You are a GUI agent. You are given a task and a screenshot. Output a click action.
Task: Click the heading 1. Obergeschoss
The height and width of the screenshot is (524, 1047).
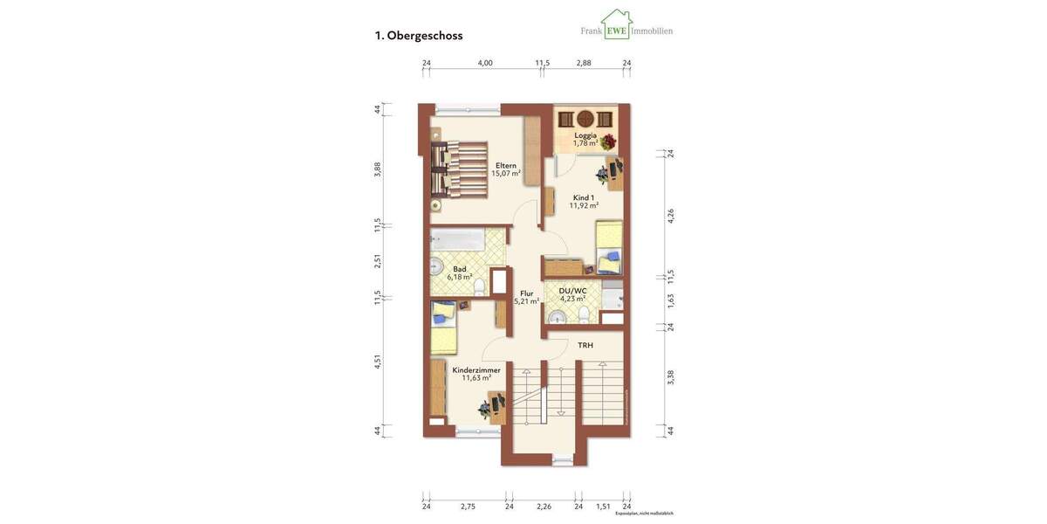(419, 36)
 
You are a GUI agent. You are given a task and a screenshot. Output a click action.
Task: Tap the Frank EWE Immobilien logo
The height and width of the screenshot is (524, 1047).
(626, 26)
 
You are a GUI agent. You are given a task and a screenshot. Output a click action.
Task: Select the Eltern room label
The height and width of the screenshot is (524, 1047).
(506, 165)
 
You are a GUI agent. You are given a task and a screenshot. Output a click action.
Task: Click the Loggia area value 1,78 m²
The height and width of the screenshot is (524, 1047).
(585, 144)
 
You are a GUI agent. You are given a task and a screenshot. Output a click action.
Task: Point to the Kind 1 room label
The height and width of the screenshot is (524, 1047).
(584, 197)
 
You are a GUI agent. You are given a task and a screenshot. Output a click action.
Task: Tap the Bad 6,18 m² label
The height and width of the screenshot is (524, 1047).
(460, 273)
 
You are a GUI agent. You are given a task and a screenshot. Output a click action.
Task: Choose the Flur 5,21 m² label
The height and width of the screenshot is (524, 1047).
(526, 298)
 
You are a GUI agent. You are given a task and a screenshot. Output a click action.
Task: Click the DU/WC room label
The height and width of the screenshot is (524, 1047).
(573, 290)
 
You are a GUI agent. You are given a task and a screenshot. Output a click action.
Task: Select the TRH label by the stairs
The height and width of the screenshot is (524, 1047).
(585, 345)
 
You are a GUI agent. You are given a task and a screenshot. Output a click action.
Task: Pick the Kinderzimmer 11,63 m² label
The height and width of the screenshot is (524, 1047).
(476, 374)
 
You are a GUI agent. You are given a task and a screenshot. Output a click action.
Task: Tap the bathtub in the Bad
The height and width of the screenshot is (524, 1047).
(458, 240)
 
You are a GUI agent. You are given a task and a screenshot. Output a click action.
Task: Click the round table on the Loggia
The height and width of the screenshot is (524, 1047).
(585, 119)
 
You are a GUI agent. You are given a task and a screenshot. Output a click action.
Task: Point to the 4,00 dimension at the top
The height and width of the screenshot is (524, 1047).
(485, 63)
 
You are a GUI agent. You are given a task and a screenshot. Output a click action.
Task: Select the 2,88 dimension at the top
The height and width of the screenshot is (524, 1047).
(584, 63)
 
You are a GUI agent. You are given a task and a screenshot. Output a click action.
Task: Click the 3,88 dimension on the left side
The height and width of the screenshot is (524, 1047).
(378, 169)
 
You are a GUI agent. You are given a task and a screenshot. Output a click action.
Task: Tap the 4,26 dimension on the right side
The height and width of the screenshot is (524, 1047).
(671, 216)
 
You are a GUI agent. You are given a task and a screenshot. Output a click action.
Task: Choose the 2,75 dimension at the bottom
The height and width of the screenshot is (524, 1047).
(468, 507)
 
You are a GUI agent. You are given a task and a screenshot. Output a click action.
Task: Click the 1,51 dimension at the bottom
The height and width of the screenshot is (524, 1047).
(603, 507)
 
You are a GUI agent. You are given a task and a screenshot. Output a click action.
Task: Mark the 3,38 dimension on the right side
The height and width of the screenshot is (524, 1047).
(671, 377)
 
